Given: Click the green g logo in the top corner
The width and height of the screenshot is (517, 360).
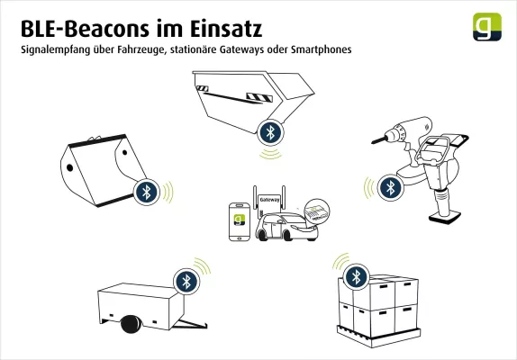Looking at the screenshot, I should tap(487, 27).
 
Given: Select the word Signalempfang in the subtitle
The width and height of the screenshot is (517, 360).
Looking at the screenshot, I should tap(57, 49).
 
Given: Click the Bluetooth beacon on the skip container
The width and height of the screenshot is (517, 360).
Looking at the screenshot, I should tap(269, 132).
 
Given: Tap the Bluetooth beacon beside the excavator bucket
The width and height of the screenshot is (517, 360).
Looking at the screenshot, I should tap(146, 191).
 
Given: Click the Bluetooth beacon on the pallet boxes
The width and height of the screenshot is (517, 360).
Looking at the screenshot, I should tap(357, 274).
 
